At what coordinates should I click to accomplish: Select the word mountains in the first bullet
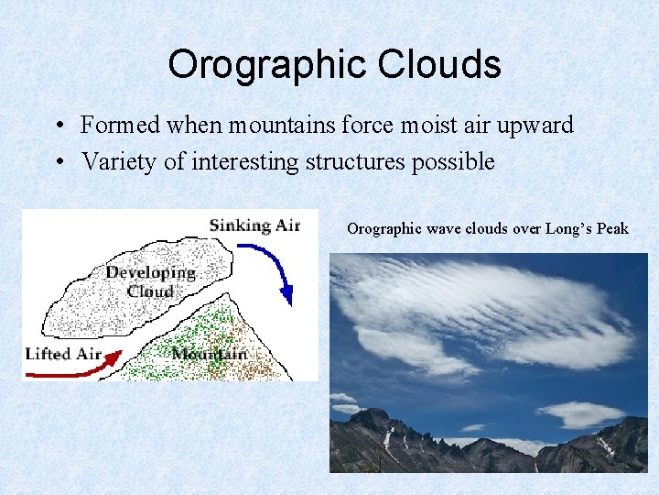271,125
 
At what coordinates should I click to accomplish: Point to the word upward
535,126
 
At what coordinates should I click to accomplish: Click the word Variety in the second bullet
113,162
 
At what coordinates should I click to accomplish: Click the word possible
455,163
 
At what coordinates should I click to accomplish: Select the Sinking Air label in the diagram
254,225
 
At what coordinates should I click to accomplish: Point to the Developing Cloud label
150,281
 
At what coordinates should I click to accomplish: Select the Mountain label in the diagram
209,353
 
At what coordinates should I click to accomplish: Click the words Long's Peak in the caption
587,228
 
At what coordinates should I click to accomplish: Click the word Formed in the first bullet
117,125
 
